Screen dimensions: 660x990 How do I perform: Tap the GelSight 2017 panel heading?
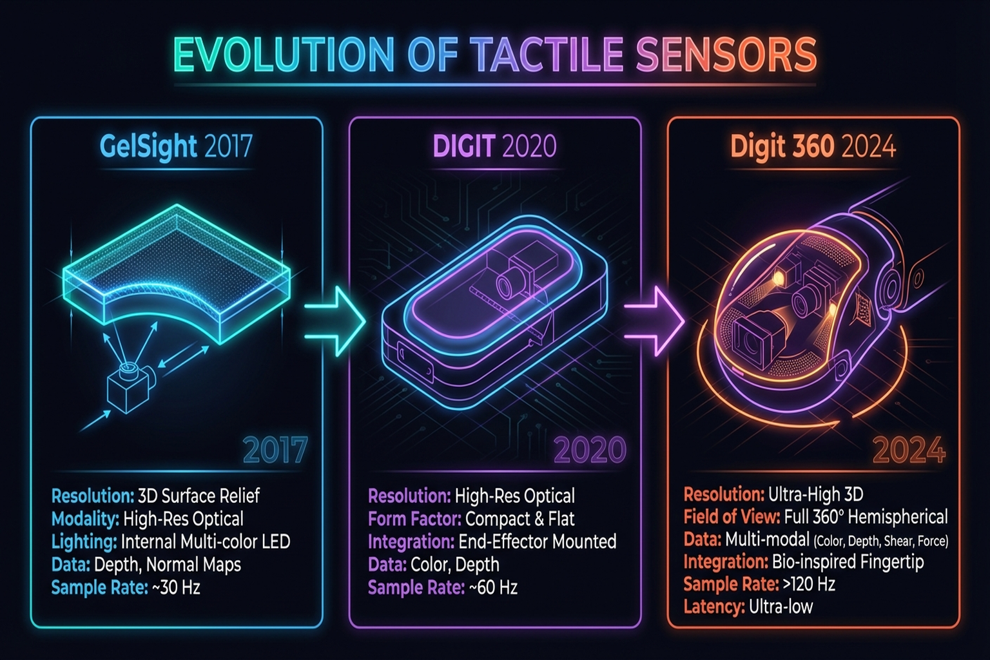click(175, 146)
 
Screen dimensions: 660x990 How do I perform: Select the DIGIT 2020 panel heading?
click(494, 146)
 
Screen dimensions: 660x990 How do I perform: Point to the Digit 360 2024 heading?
click(813, 146)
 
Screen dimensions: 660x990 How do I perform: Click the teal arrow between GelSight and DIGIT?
click(335, 320)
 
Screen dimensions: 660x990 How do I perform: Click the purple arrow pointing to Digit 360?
click(654, 320)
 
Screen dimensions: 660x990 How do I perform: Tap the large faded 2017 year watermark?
click(275, 450)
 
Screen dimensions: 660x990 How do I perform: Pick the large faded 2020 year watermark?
click(590, 450)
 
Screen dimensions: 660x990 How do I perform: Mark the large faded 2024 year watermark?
click(909, 450)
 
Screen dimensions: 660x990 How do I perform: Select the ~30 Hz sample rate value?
click(176, 588)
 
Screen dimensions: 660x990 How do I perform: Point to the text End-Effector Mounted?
click(538, 541)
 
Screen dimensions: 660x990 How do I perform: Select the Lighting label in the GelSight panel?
click(84, 541)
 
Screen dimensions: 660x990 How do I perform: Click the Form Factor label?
click(414, 519)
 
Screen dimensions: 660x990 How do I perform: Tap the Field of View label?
click(732, 517)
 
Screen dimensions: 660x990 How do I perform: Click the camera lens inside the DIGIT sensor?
click(507, 282)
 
